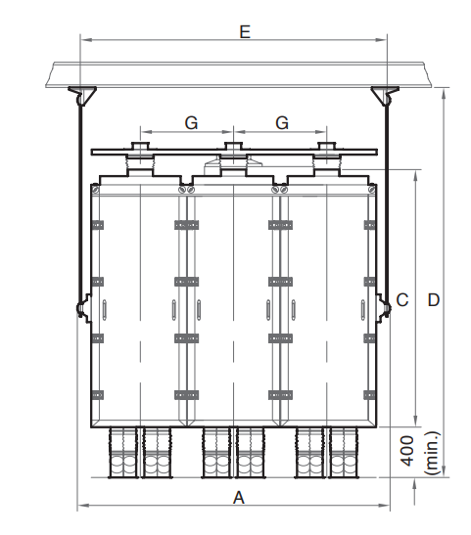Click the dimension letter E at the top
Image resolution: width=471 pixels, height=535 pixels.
245,31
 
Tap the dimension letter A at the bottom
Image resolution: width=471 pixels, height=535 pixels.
239,498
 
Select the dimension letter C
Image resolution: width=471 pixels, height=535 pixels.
402,300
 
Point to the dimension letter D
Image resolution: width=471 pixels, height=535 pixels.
434,300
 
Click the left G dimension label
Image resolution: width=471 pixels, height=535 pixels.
191,123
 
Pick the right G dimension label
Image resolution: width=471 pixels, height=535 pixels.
282,123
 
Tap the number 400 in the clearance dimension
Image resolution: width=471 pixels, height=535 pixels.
407,450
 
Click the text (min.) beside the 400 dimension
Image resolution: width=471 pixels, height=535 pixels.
432,453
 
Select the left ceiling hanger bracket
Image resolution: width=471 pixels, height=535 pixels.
82,95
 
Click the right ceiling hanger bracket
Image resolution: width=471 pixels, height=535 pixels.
385,95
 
